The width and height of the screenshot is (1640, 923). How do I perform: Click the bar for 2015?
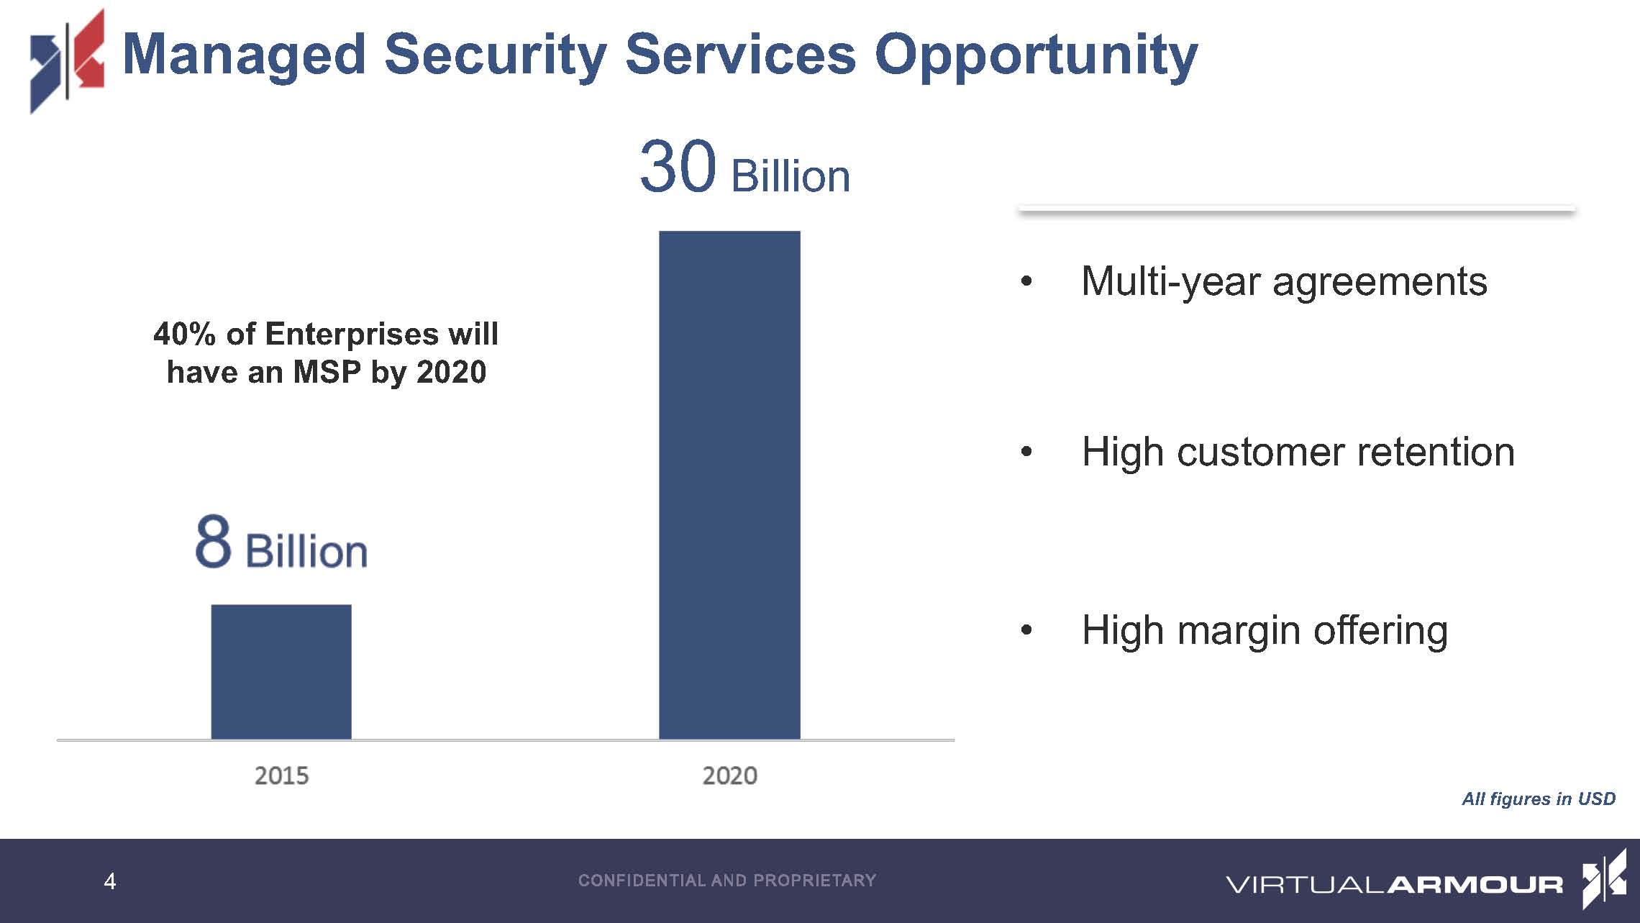pos(281,671)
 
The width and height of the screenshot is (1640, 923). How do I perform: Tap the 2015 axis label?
pos(281,776)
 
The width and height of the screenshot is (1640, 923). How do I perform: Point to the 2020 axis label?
pos(729,776)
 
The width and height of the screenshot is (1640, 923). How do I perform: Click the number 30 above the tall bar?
pos(678,168)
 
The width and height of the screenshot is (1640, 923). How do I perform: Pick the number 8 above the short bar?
pos(213,542)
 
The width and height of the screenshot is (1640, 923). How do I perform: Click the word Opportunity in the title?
pos(1036,55)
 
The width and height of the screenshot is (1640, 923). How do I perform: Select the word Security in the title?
pos(496,55)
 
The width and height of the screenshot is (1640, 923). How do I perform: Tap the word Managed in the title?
pos(245,55)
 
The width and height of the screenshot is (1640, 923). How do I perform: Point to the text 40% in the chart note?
pos(184,334)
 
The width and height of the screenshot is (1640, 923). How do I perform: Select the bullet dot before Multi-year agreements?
pos(1026,281)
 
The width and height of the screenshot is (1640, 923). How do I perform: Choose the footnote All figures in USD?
pos(1538,799)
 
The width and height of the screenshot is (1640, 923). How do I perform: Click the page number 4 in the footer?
pos(109,881)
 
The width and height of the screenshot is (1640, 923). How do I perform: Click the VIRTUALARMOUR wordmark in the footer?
pos(1393,884)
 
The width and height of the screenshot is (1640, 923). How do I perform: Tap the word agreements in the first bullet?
pos(1379,281)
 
